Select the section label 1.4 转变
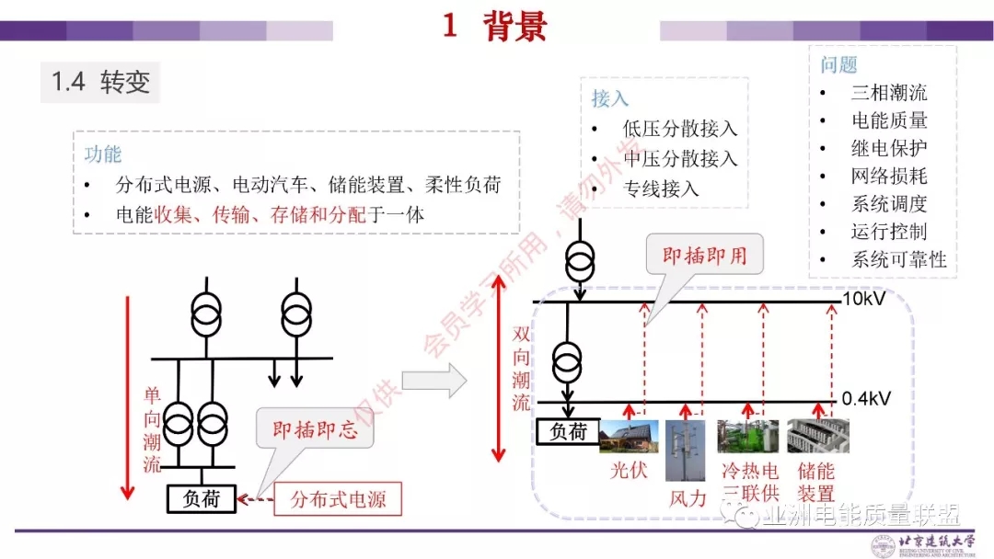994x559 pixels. pos(100,82)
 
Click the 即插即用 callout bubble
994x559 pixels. pos(705,255)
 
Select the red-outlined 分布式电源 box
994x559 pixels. pos(339,499)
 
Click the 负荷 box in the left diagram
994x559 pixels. pos(200,498)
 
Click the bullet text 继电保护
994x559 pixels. pos(888,148)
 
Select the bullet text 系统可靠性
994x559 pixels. pos(898,259)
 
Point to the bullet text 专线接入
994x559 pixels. pos(662,188)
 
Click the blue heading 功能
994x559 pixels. pos(103,154)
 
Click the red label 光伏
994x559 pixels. pos(632,471)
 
